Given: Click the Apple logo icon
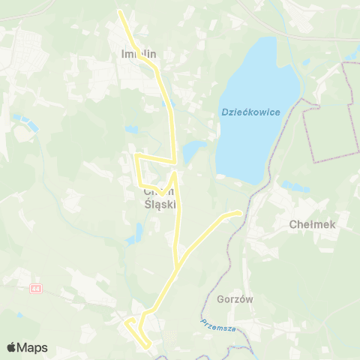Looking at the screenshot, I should pyautogui.click(x=12, y=347).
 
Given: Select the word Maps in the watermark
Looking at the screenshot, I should pyautogui.click(x=33, y=347).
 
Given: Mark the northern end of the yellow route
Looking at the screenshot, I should pyautogui.click(x=121, y=10).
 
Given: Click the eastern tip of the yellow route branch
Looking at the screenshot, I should pyautogui.click(x=241, y=213).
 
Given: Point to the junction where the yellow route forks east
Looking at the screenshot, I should pyautogui.click(x=177, y=266).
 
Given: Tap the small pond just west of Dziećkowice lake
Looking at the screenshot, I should pyautogui.click(x=193, y=149).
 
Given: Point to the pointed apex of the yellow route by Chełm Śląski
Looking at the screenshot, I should pyautogui.click(x=175, y=173).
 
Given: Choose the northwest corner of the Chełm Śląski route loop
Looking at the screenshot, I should pyautogui.click(x=136, y=155).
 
